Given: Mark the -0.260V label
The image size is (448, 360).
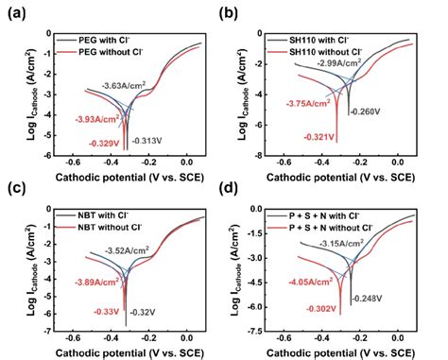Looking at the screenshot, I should point(366,111).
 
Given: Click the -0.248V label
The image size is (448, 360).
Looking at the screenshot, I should point(368,299).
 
